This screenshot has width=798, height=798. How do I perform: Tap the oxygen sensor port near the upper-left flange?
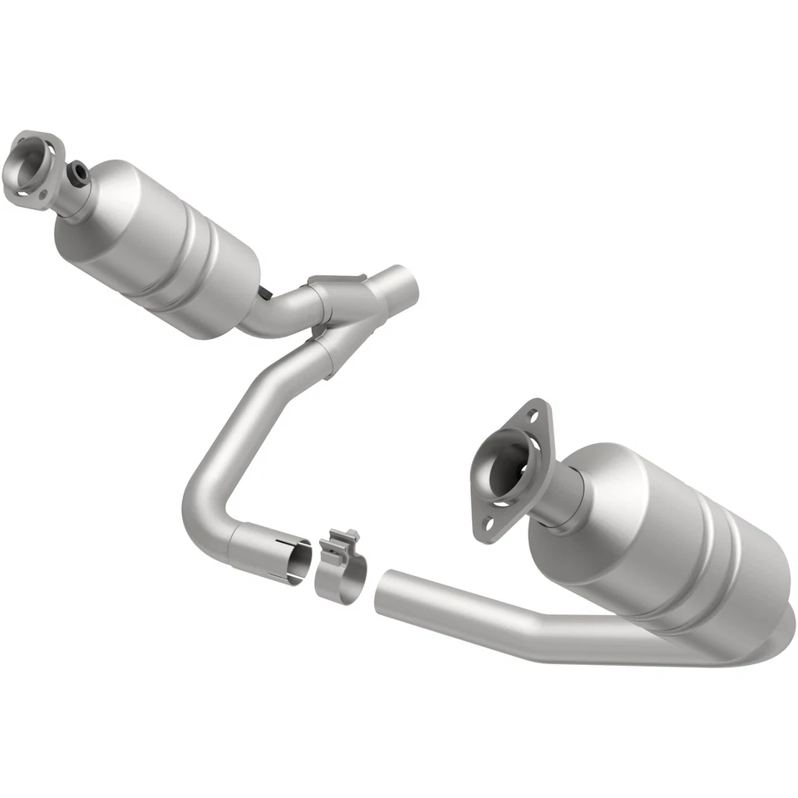pos(80,172)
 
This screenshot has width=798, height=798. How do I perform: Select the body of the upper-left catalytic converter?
pos(158,241)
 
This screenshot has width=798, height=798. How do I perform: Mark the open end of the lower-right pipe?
pos(384,590)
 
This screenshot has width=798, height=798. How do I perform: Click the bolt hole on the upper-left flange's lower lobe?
pos(19,193)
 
